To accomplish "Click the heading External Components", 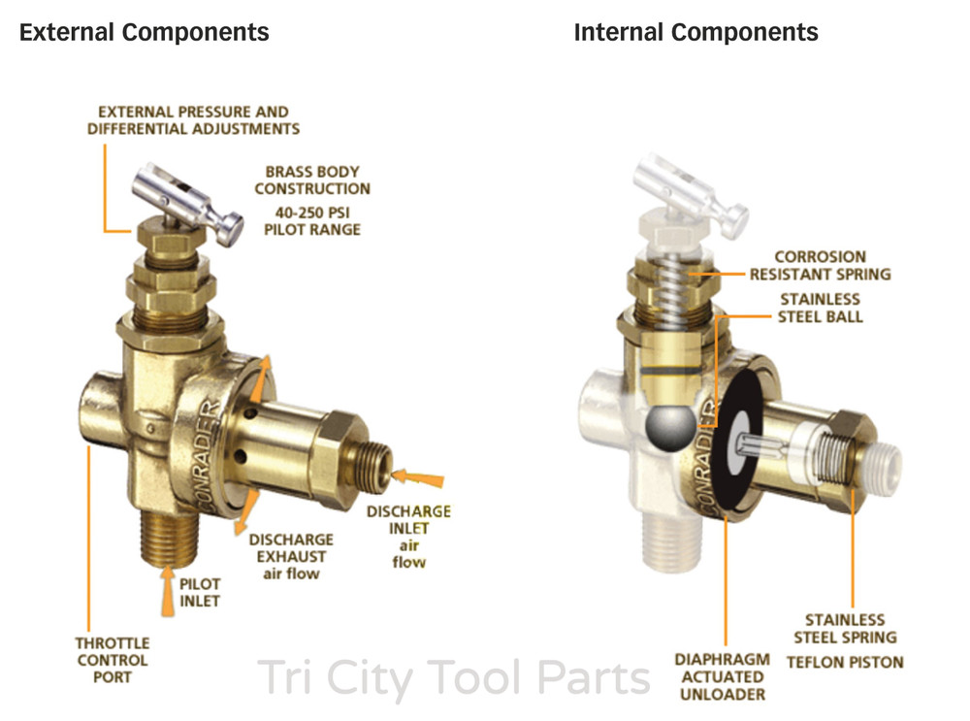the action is pyautogui.click(x=145, y=32).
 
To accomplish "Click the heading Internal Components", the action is pyautogui.click(x=695, y=32).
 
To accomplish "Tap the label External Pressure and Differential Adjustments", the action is pyautogui.click(x=194, y=120).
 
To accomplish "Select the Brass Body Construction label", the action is pyautogui.click(x=312, y=180).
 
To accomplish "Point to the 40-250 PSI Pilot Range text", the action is pyautogui.click(x=312, y=221).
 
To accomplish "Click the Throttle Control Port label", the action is pyautogui.click(x=112, y=660).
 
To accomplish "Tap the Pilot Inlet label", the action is pyautogui.click(x=199, y=592).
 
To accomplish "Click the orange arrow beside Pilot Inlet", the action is pyautogui.click(x=168, y=591).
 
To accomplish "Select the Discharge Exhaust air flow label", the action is pyautogui.click(x=291, y=556).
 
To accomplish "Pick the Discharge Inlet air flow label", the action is pyautogui.click(x=408, y=537).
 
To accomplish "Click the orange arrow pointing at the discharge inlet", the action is pyautogui.click(x=418, y=478).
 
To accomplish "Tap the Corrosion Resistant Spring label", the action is pyautogui.click(x=821, y=266).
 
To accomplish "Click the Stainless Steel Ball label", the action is pyautogui.click(x=821, y=309).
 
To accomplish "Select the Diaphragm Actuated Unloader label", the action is pyautogui.click(x=722, y=676).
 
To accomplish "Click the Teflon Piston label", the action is pyautogui.click(x=845, y=662).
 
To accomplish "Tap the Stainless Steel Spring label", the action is pyautogui.click(x=845, y=628).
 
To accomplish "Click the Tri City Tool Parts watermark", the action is pyautogui.click(x=453, y=678).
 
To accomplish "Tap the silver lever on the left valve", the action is pyautogui.click(x=185, y=203).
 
